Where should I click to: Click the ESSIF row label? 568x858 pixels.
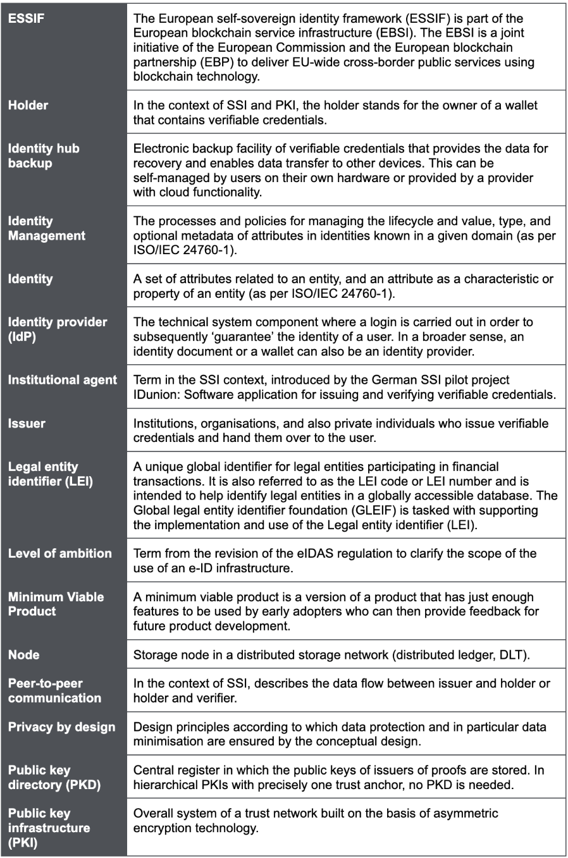pos(26,18)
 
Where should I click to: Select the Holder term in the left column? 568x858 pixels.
pos(28,105)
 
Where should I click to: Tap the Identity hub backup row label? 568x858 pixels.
pos(44,156)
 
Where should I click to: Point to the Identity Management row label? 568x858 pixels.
pos(46,228)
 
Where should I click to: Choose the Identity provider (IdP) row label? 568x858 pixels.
pos(58,329)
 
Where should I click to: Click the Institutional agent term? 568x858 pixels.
pos(62,380)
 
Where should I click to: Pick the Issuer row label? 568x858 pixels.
pos(27,424)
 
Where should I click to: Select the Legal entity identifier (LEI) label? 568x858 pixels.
pos(50,474)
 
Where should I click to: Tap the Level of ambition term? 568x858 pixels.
pos(59,553)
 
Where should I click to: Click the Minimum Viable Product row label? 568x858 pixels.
pos(56,604)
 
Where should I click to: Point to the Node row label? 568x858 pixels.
pos(23,655)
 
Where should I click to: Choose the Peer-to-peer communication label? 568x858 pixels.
pos(54,690)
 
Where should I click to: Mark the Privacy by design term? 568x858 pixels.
pos(61,727)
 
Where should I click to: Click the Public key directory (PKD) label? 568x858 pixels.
pos(54,778)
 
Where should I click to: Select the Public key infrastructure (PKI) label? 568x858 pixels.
pos(49,828)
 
